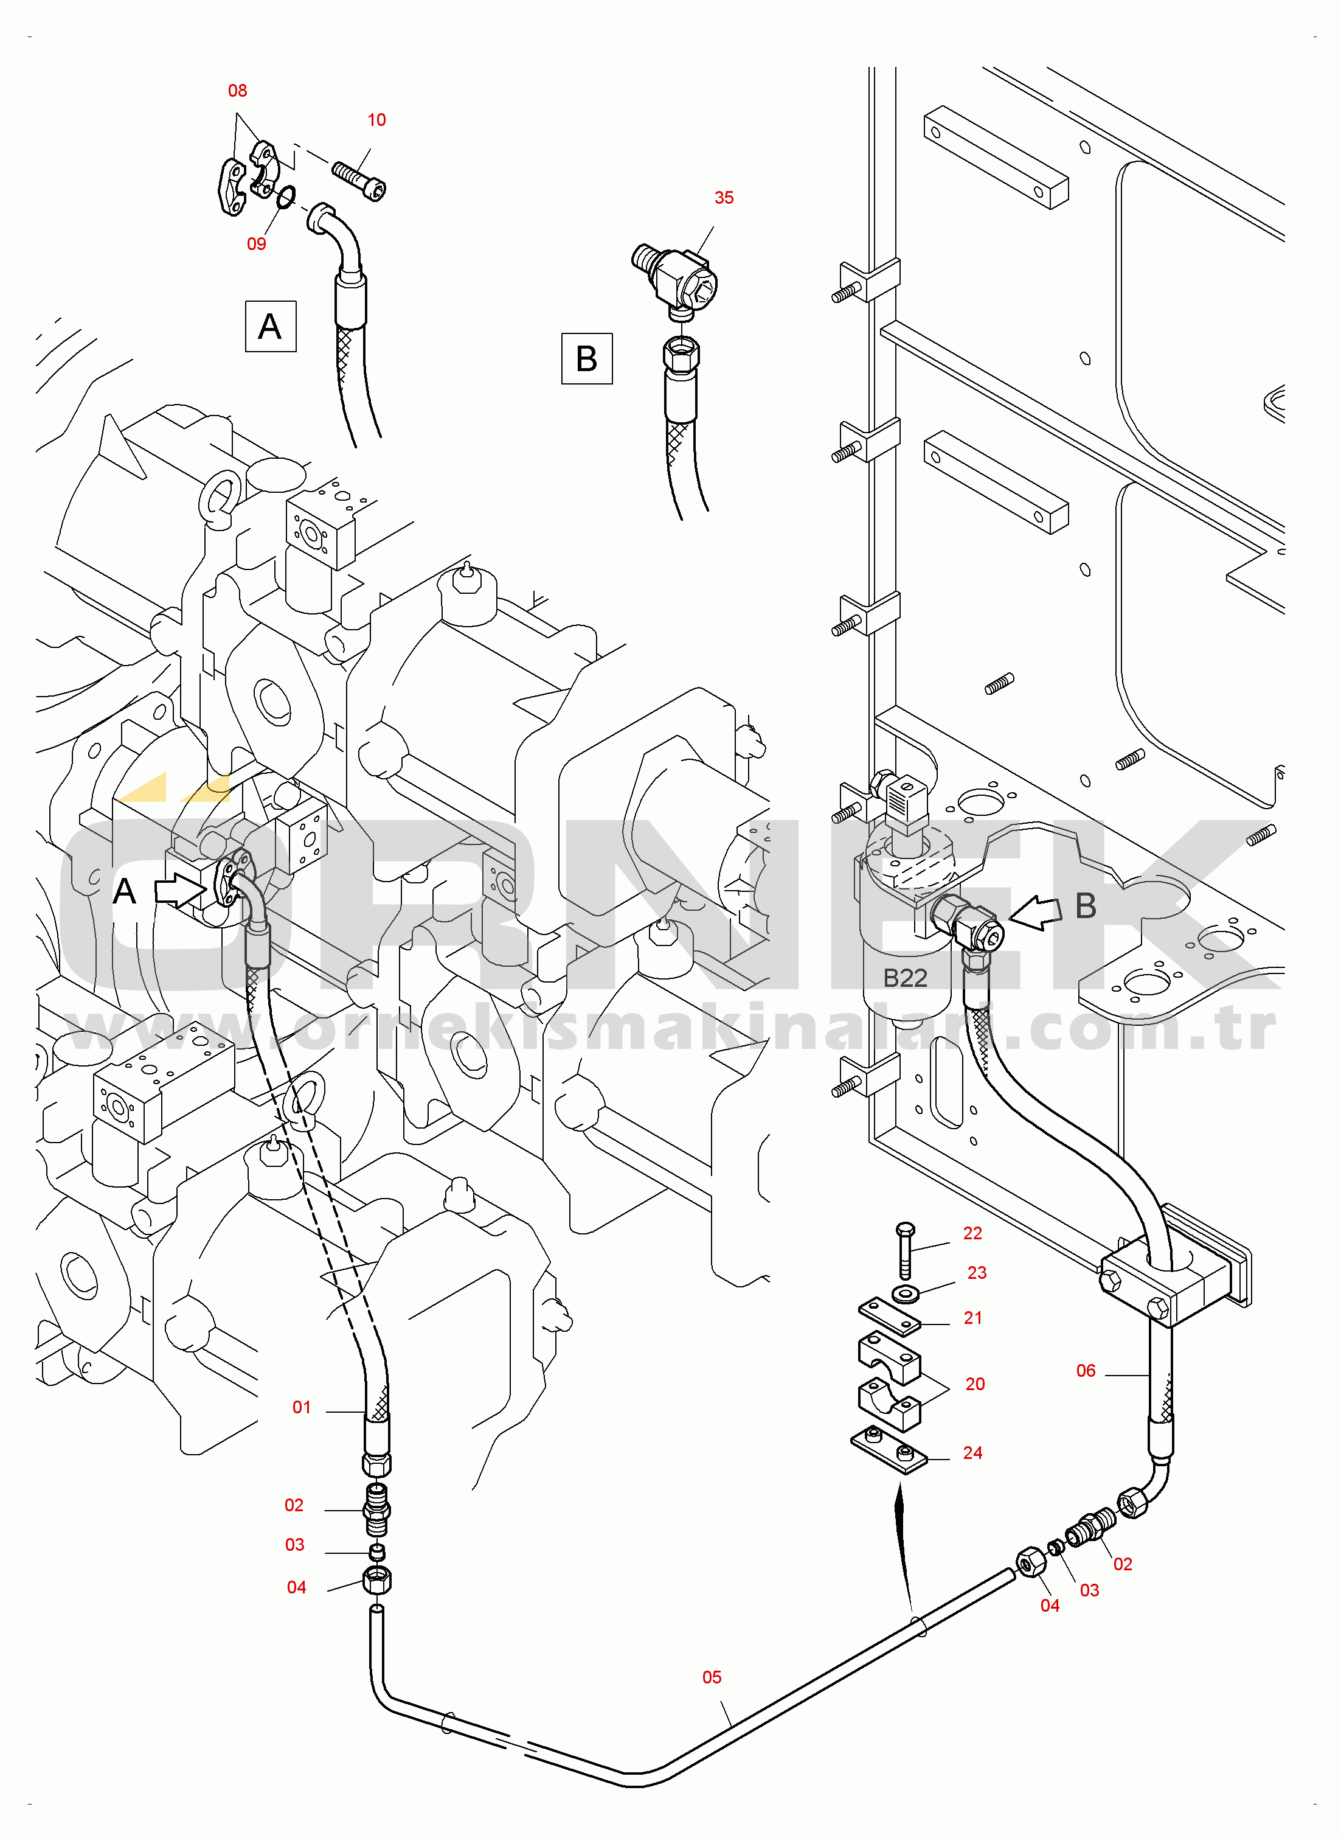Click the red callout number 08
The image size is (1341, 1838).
tap(237, 91)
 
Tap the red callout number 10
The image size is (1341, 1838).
tap(376, 120)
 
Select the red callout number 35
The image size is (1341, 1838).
tap(723, 198)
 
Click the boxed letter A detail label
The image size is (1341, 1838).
tap(270, 326)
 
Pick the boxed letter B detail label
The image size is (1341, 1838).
tap(586, 359)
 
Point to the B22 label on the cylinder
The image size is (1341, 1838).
tap(904, 978)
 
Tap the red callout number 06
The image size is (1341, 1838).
tap(1086, 1371)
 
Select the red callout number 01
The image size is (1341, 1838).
tap(301, 1408)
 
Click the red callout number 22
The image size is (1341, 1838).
tap(972, 1233)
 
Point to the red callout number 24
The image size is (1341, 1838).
tap(972, 1453)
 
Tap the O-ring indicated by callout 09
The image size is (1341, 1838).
tap(285, 196)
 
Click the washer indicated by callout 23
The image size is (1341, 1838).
tap(906, 1292)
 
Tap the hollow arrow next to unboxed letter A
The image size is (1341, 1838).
tap(179, 891)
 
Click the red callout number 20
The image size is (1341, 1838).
tap(974, 1384)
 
